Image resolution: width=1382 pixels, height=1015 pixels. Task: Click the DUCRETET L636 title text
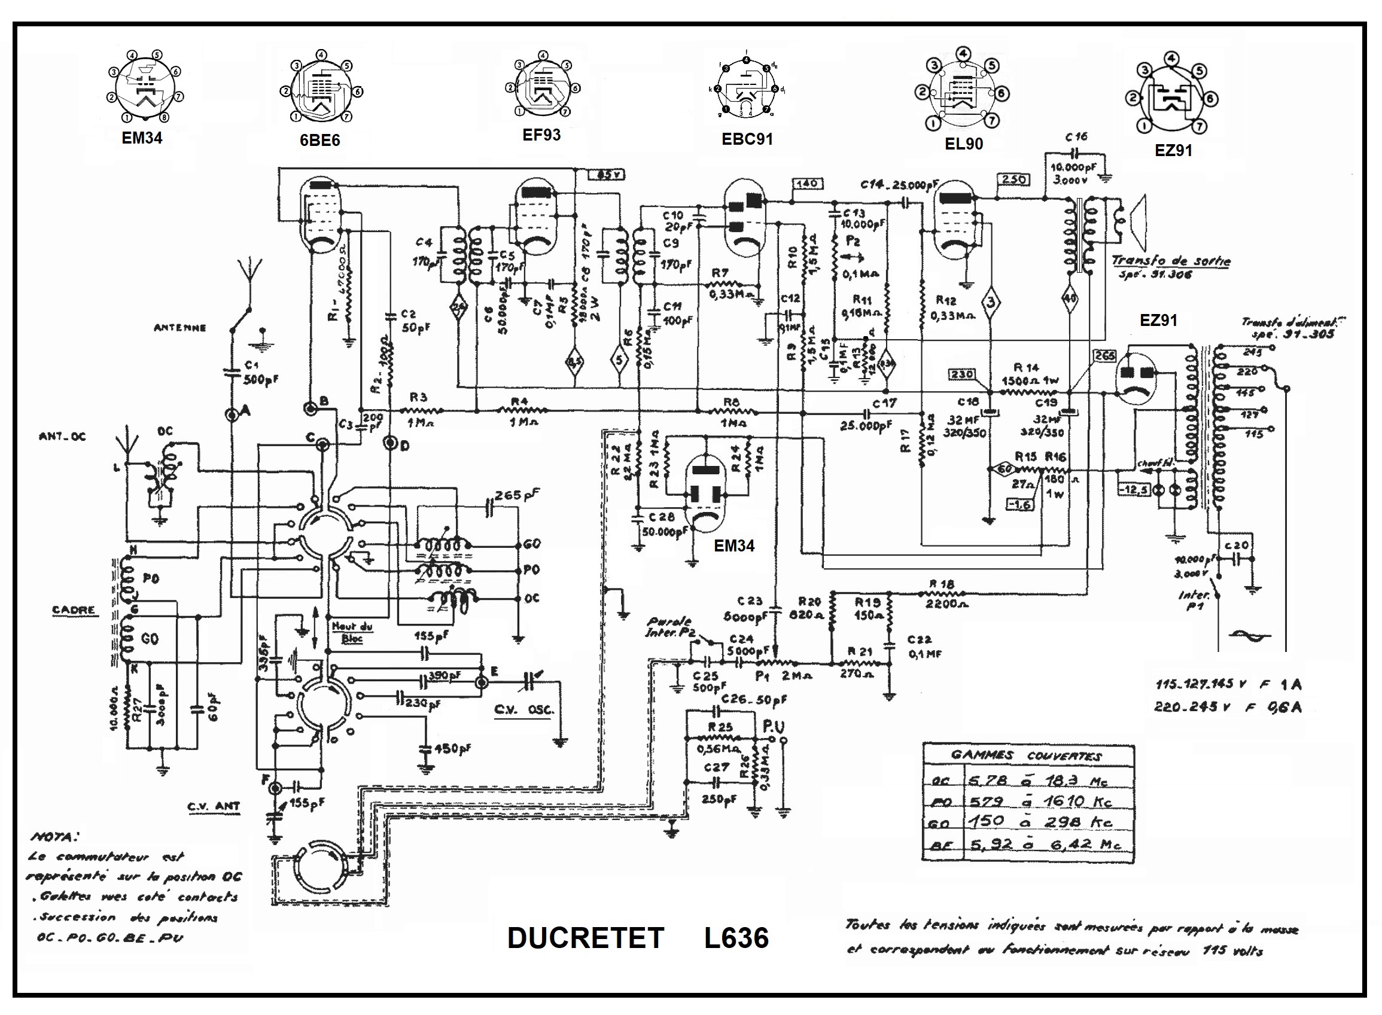(637, 938)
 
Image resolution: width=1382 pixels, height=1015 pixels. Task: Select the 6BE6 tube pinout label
(319, 141)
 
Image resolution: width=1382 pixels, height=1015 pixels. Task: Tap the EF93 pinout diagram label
(541, 135)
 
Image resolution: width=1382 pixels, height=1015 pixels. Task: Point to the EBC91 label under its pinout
(747, 139)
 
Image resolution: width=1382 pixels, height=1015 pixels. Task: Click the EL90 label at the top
(964, 144)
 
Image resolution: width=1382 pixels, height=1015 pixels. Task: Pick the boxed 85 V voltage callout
(607, 175)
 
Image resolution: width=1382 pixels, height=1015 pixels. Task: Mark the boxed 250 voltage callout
(1013, 179)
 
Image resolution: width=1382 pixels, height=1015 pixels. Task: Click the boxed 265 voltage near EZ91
(1104, 356)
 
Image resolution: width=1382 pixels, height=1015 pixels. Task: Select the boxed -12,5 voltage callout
(1133, 490)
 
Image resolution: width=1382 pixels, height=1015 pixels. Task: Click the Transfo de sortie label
(1171, 261)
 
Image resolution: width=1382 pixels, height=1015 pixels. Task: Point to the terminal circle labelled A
(232, 414)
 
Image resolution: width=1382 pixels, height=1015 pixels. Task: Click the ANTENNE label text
(179, 328)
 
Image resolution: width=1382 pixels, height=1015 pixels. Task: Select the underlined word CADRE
(74, 609)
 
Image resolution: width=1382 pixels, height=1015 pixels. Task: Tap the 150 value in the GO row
(987, 821)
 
